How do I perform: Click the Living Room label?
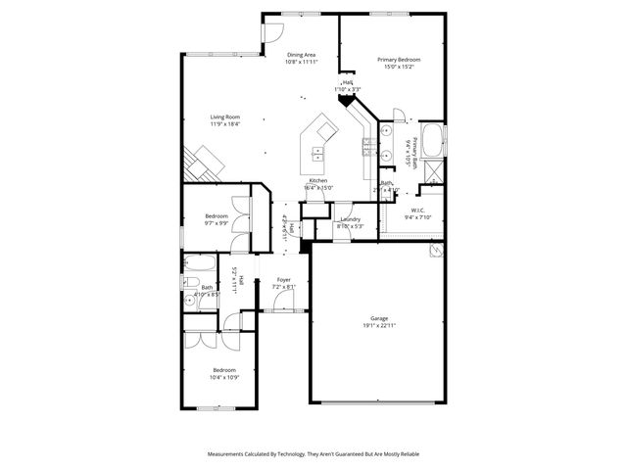tap(224, 117)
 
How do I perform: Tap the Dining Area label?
tap(301, 55)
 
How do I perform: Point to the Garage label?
tap(379, 318)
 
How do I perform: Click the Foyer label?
tap(283, 280)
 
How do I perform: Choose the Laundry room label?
tap(351, 219)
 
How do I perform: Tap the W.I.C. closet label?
tap(416, 210)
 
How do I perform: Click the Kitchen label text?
tap(318, 181)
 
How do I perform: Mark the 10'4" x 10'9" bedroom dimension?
tap(225, 377)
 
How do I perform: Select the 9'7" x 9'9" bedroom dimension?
tap(217, 222)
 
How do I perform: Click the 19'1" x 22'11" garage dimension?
tap(379, 325)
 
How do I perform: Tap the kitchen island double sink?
tap(319, 153)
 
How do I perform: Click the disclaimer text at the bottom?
tap(313, 454)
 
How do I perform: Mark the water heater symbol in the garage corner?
tap(433, 252)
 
